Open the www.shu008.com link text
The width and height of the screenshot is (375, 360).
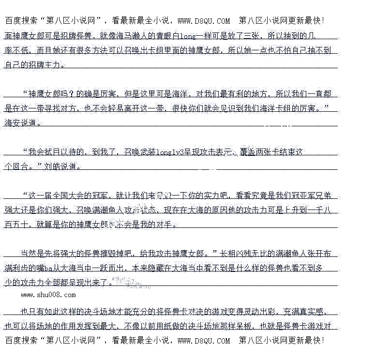tap(48, 295)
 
